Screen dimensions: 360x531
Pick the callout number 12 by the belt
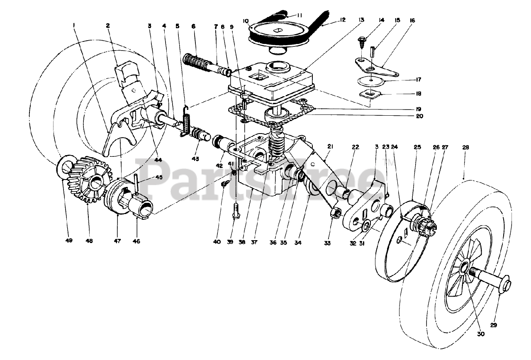coord(343,19)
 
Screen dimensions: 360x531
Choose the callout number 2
coord(108,25)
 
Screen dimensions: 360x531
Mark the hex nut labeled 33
coord(336,214)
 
